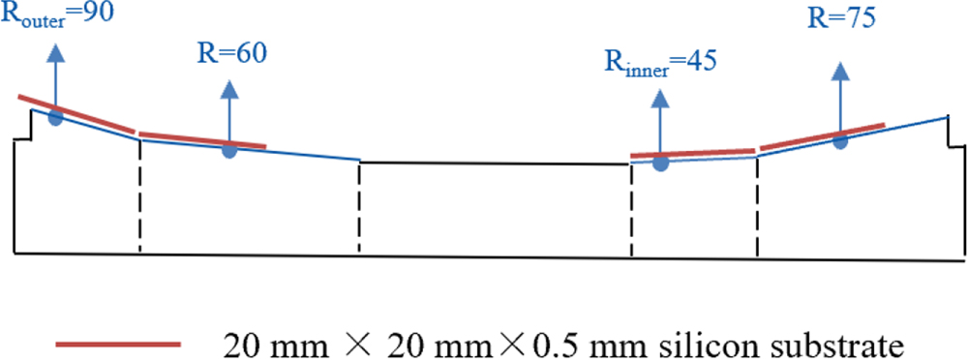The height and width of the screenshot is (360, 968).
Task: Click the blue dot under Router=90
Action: (x=55, y=117)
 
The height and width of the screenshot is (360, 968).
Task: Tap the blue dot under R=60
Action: (x=229, y=149)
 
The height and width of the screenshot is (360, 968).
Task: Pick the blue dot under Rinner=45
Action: (x=660, y=164)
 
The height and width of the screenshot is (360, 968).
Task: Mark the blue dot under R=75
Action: (x=840, y=140)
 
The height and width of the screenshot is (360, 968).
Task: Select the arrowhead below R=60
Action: (x=229, y=89)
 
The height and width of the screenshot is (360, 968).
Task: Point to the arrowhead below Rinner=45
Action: (x=660, y=100)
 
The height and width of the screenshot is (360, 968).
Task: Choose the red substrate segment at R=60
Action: (x=201, y=140)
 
